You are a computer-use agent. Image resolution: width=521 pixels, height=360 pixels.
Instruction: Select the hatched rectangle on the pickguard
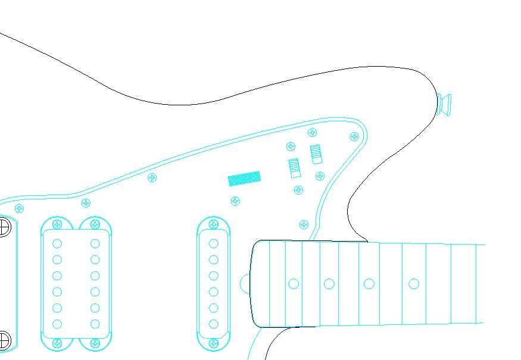click(x=244, y=179)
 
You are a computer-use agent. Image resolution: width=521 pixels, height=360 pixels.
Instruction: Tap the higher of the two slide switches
click(x=316, y=154)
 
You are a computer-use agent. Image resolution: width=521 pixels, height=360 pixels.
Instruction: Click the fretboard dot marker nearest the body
click(x=294, y=284)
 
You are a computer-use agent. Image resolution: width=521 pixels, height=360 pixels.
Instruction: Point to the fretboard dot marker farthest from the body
click(x=414, y=284)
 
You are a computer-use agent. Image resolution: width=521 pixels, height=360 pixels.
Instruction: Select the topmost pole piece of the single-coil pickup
click(x=213, y=243)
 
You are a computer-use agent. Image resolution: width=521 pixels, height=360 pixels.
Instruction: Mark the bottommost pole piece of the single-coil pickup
click(x=213, y=324)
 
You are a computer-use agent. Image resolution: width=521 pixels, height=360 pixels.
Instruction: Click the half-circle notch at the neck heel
click(x=245, y=283)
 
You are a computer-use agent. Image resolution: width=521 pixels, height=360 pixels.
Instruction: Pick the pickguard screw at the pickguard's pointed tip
click(x=355, y=136)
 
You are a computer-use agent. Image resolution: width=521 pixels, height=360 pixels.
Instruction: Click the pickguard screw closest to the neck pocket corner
click(x=304, y=224)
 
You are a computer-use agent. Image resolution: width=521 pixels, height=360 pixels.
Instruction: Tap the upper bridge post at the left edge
click(x=3, y=227)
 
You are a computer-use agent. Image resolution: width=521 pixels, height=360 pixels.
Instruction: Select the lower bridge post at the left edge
click(x=3, y=340)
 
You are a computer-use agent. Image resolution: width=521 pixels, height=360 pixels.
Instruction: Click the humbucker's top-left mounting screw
click(x=57, y=224)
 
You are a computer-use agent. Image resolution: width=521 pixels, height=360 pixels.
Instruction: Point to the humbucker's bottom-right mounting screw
click(x=95, y=343)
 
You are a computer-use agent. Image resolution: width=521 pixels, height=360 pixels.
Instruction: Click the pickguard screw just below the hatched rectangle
click(x=235, y=201)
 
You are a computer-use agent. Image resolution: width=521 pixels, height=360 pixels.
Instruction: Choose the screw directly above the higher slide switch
click(x=312, y=133)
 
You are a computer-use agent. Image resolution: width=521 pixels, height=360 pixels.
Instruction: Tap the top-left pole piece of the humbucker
click(x=57, y=243)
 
